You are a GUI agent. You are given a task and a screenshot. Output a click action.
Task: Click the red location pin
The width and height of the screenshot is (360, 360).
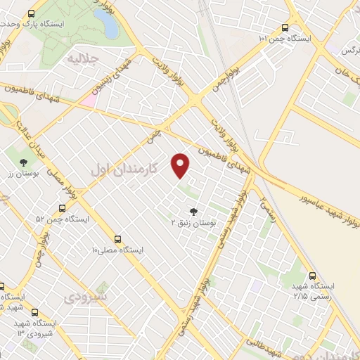coord(181,165)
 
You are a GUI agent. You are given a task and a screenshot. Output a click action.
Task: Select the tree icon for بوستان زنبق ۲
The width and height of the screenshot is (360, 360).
coord(193,210)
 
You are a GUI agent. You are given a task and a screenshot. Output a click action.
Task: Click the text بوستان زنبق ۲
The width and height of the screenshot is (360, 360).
coord(193,222)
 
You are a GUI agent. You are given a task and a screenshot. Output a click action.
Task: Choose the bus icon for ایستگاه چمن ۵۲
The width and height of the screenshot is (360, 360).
coord(63,209)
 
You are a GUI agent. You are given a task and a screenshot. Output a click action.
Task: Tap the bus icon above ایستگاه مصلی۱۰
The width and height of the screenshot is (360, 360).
coord(118,238)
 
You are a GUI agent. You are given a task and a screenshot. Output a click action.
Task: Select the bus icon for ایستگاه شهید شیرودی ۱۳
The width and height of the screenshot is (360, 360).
coord(34,312)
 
